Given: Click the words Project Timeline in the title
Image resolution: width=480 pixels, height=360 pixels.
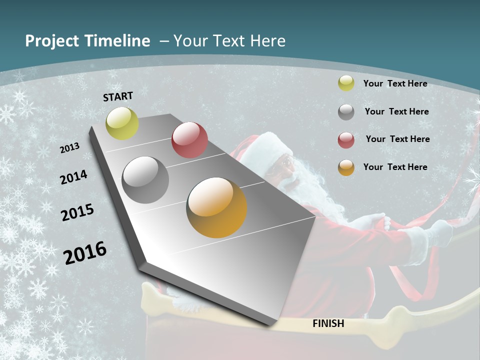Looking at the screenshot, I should point(87,41).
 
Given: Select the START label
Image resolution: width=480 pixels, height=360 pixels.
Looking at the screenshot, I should point(118,96).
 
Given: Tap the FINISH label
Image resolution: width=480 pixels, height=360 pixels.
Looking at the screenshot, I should point(328,323).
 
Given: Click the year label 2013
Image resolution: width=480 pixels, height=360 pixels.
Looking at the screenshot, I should point(69,148).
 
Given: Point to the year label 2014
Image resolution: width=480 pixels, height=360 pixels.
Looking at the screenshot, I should point(74,177).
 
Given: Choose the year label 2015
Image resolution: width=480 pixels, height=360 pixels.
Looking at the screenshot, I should point(77,212).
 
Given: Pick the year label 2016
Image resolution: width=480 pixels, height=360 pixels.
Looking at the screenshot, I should point(85,252).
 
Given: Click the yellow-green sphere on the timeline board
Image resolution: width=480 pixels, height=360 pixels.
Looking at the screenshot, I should point(122,123).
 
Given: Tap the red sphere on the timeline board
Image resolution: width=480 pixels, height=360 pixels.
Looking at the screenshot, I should point(189,140).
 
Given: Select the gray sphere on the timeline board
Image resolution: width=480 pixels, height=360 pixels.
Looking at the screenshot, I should point(145,179).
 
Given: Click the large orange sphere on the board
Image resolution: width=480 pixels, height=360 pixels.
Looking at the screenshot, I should point(216,207).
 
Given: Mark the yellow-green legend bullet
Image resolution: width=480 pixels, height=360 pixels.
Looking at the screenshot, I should point(346,83).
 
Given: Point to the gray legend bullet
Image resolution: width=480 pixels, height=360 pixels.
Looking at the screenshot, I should point(346,112).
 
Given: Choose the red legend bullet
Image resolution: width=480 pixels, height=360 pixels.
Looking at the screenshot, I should point(346,140).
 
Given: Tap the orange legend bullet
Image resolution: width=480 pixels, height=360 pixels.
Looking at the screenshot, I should point(346,167).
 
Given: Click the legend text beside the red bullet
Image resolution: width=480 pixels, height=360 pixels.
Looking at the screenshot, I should point(397,139).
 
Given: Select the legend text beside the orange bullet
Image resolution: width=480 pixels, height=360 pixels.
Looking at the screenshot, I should point(395,167).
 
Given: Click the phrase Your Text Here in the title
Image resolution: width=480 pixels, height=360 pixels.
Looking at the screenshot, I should point(229,41).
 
